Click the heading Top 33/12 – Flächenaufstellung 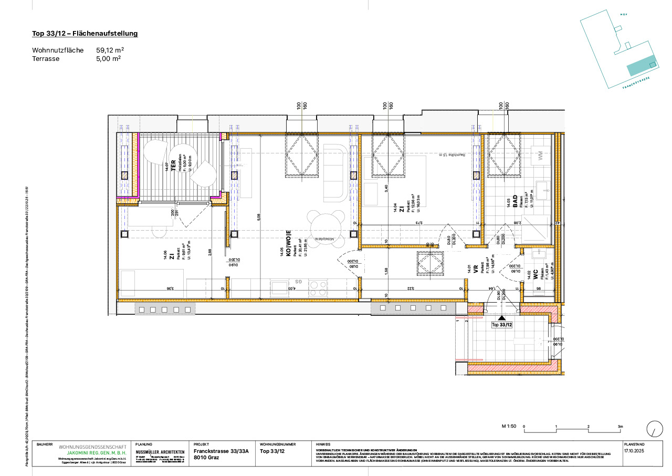(x=85, y=34)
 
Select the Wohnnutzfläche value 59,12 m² (x=110, y=50)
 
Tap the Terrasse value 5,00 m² (x=108, y=59)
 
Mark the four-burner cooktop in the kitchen (x=318, y=288)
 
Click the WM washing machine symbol (x=540, y=156)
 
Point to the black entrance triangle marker (x=501, y=318)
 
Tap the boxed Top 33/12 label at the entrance (x=501, y=325)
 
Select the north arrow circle (x=654, y=428)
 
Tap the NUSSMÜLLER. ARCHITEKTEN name (x=160, y=452)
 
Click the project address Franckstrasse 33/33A (x=220, y=451)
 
